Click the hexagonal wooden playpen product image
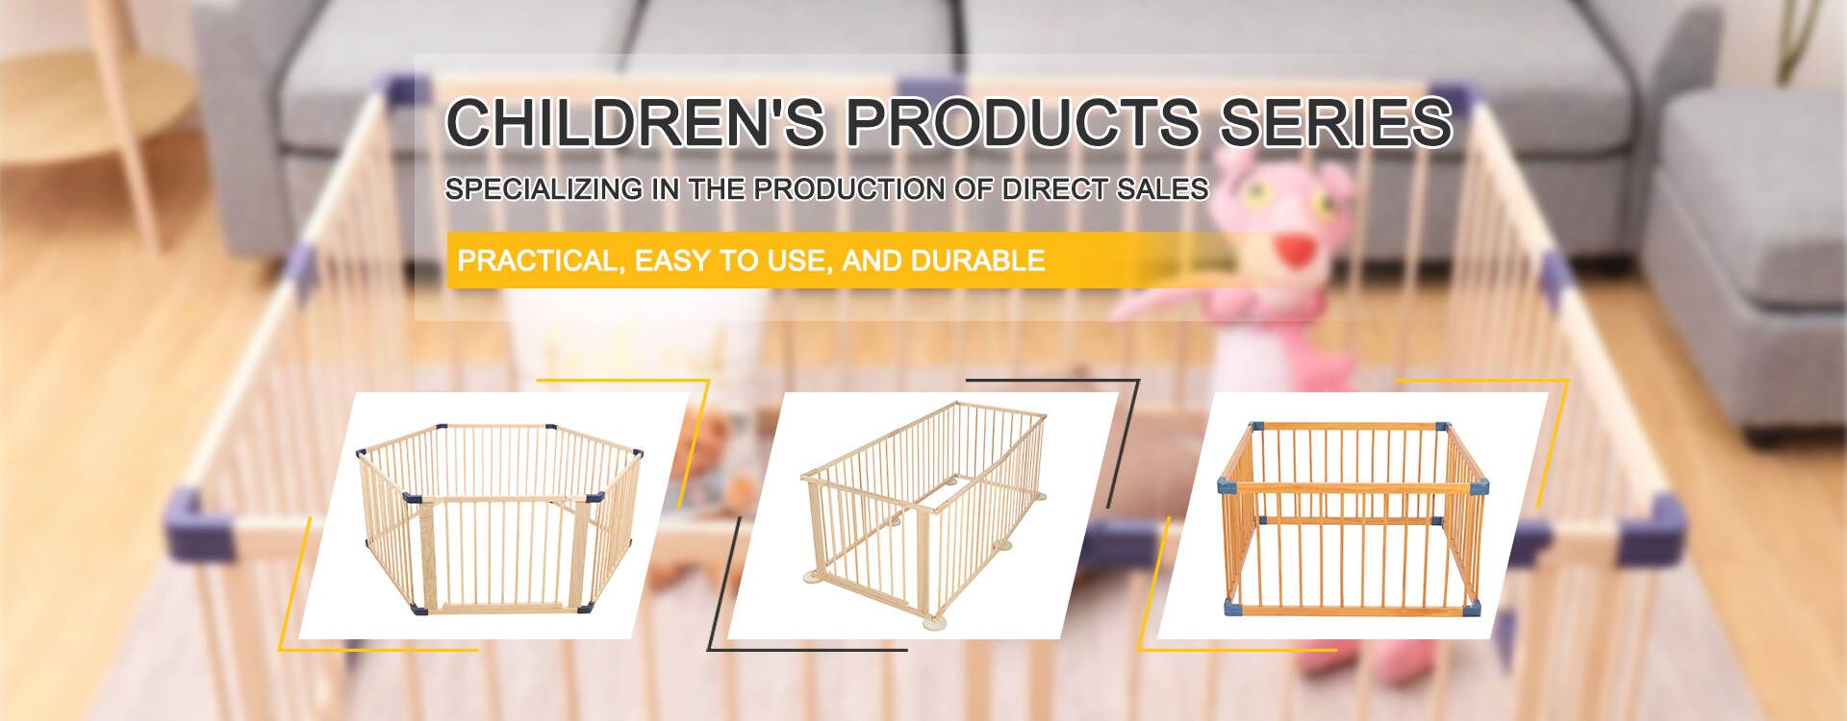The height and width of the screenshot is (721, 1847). point(493,516)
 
